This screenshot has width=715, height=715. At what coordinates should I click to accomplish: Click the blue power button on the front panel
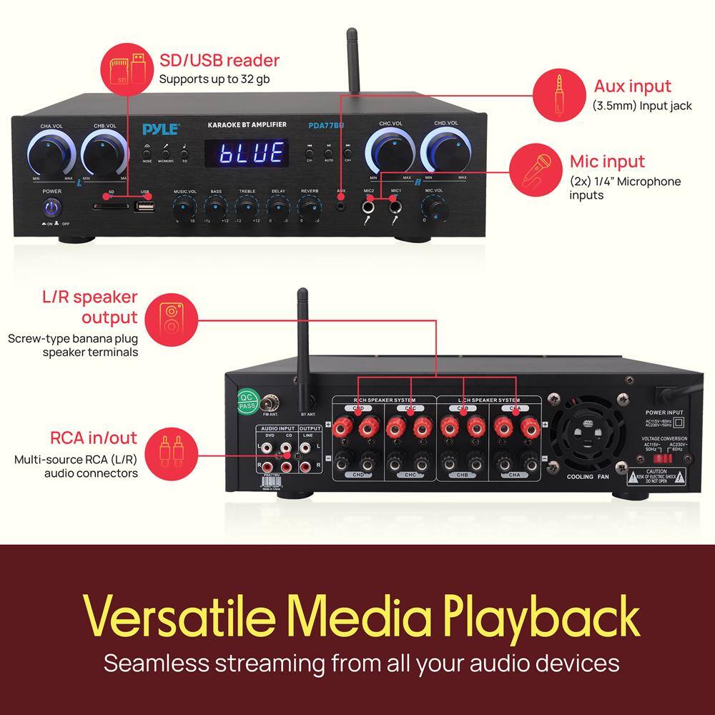[x=52, y=207]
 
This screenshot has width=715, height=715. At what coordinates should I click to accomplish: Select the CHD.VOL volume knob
[x=443, y=149]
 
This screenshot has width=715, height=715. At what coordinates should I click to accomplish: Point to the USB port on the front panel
[x=145, y=207]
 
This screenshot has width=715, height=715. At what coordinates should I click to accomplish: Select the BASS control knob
[x=215, y=208]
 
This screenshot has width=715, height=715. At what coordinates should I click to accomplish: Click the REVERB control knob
[x=310, y=208]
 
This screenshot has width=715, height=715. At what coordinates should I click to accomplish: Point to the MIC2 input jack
[x=369, y=208]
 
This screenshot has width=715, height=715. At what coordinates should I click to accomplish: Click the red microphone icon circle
[x=535, y=168]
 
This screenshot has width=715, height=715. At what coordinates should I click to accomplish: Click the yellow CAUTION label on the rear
[x=656, y=476]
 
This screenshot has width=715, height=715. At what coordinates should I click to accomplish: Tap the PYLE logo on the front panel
[x=160, y=129]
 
